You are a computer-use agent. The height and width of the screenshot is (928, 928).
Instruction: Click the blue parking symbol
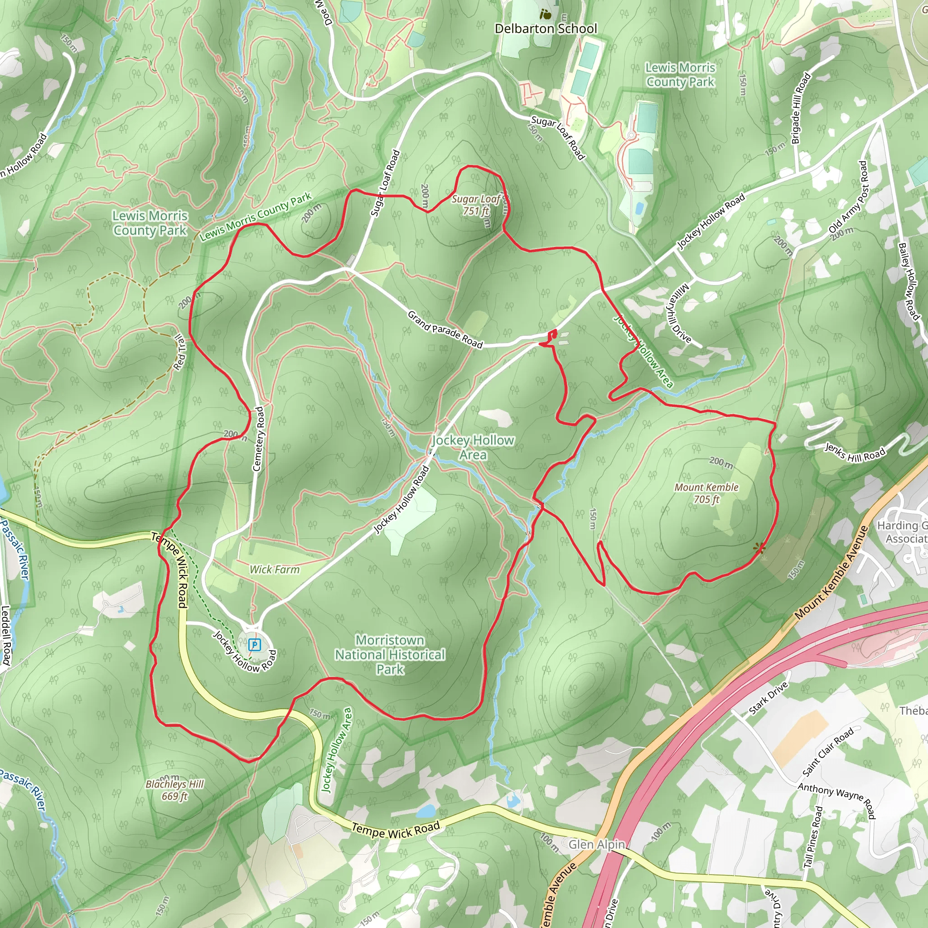[255, 645]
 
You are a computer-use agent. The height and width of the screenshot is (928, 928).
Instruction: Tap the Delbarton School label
[546, 29]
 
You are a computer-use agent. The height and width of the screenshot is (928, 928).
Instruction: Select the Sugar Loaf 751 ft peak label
[475, 205]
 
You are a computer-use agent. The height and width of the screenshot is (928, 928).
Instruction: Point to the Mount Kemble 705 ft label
[706, 493]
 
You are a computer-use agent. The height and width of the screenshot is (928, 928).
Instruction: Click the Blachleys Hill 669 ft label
[175, 790]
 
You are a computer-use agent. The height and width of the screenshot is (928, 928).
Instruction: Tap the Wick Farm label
[274, 570]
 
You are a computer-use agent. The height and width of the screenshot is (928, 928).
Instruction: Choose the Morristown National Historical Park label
[390, 654]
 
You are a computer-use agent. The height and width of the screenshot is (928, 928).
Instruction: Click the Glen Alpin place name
[597, 845]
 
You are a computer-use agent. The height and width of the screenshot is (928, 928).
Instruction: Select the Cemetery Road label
[258, 439]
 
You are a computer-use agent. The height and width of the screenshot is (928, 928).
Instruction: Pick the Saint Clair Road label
[828, 752]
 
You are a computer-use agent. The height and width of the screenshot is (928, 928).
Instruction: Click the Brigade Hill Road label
[801, 109]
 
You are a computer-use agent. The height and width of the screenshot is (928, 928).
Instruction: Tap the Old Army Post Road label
[849, 198]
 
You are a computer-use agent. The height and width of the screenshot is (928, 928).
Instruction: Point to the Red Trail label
[179, 353]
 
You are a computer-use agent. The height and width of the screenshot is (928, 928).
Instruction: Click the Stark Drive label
[768, 698]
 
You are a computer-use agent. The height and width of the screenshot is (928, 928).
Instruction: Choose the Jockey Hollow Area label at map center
[473, 447]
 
